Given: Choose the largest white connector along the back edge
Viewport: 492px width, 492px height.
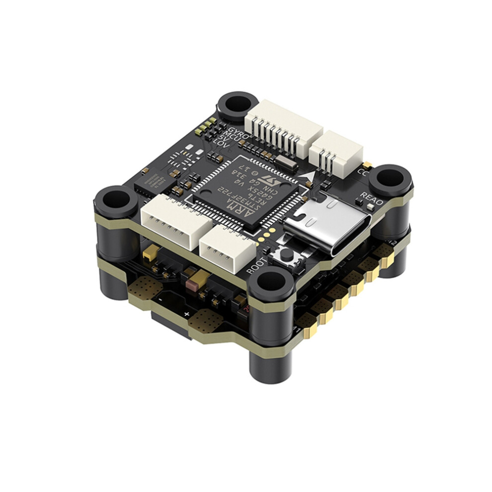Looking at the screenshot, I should click(x=283, y=128).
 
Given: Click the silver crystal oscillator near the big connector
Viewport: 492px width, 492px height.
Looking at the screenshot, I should click(x=282, y=160).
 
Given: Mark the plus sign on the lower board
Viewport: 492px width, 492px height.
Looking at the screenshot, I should click(x=186, y=314).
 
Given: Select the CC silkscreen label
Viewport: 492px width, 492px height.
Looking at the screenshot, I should click(x=362, y=173).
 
